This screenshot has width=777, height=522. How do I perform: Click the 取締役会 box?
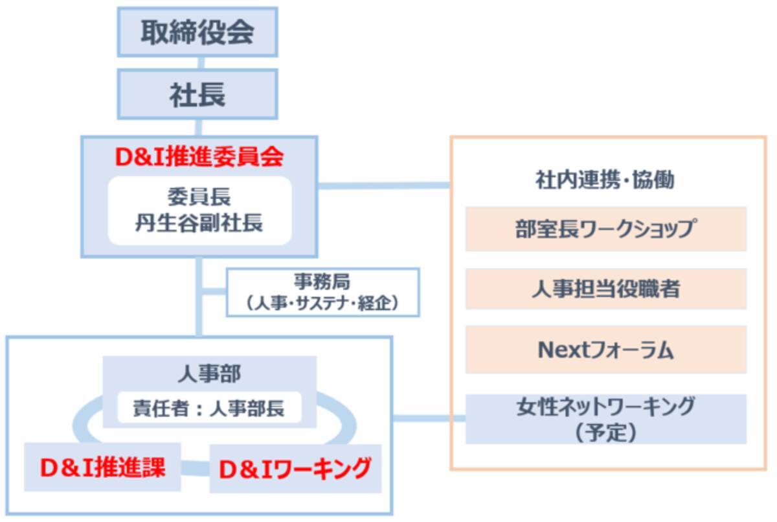coord(197,32)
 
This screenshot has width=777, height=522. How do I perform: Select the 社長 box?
coord(197,94)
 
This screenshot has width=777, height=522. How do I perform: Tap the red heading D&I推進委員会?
coord(199,157)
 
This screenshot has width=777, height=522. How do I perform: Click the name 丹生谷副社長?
coord(199,224)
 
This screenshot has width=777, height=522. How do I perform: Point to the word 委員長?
coord(199,196)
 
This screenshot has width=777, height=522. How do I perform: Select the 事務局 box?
coord(322,292)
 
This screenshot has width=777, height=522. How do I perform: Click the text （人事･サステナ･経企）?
coord(322,302)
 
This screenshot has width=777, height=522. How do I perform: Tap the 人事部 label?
coord(209,374)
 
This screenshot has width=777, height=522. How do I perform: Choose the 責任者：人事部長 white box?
coord(209,408)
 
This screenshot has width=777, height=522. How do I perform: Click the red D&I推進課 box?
coord(102,468)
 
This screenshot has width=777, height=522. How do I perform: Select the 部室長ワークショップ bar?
coord(605,229)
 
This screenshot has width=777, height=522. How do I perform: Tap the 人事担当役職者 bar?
coord(605,289)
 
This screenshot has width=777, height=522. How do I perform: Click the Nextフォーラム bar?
coord(605,350)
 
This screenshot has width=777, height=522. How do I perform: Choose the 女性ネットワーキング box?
coord(605,418)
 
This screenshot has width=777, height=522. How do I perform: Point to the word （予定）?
coord(605,433)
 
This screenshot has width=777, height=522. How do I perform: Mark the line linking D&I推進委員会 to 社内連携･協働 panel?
coord(383,186)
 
